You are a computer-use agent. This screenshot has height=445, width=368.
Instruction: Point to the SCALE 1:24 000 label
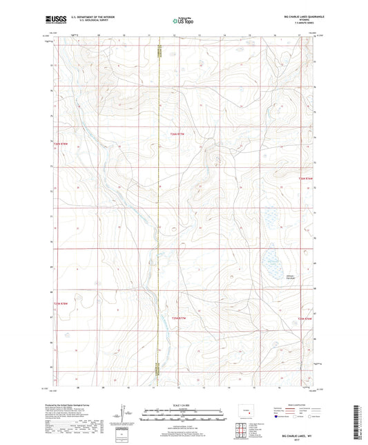[183, 405]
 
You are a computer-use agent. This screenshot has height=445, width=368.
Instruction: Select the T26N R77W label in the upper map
[178, 133]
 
